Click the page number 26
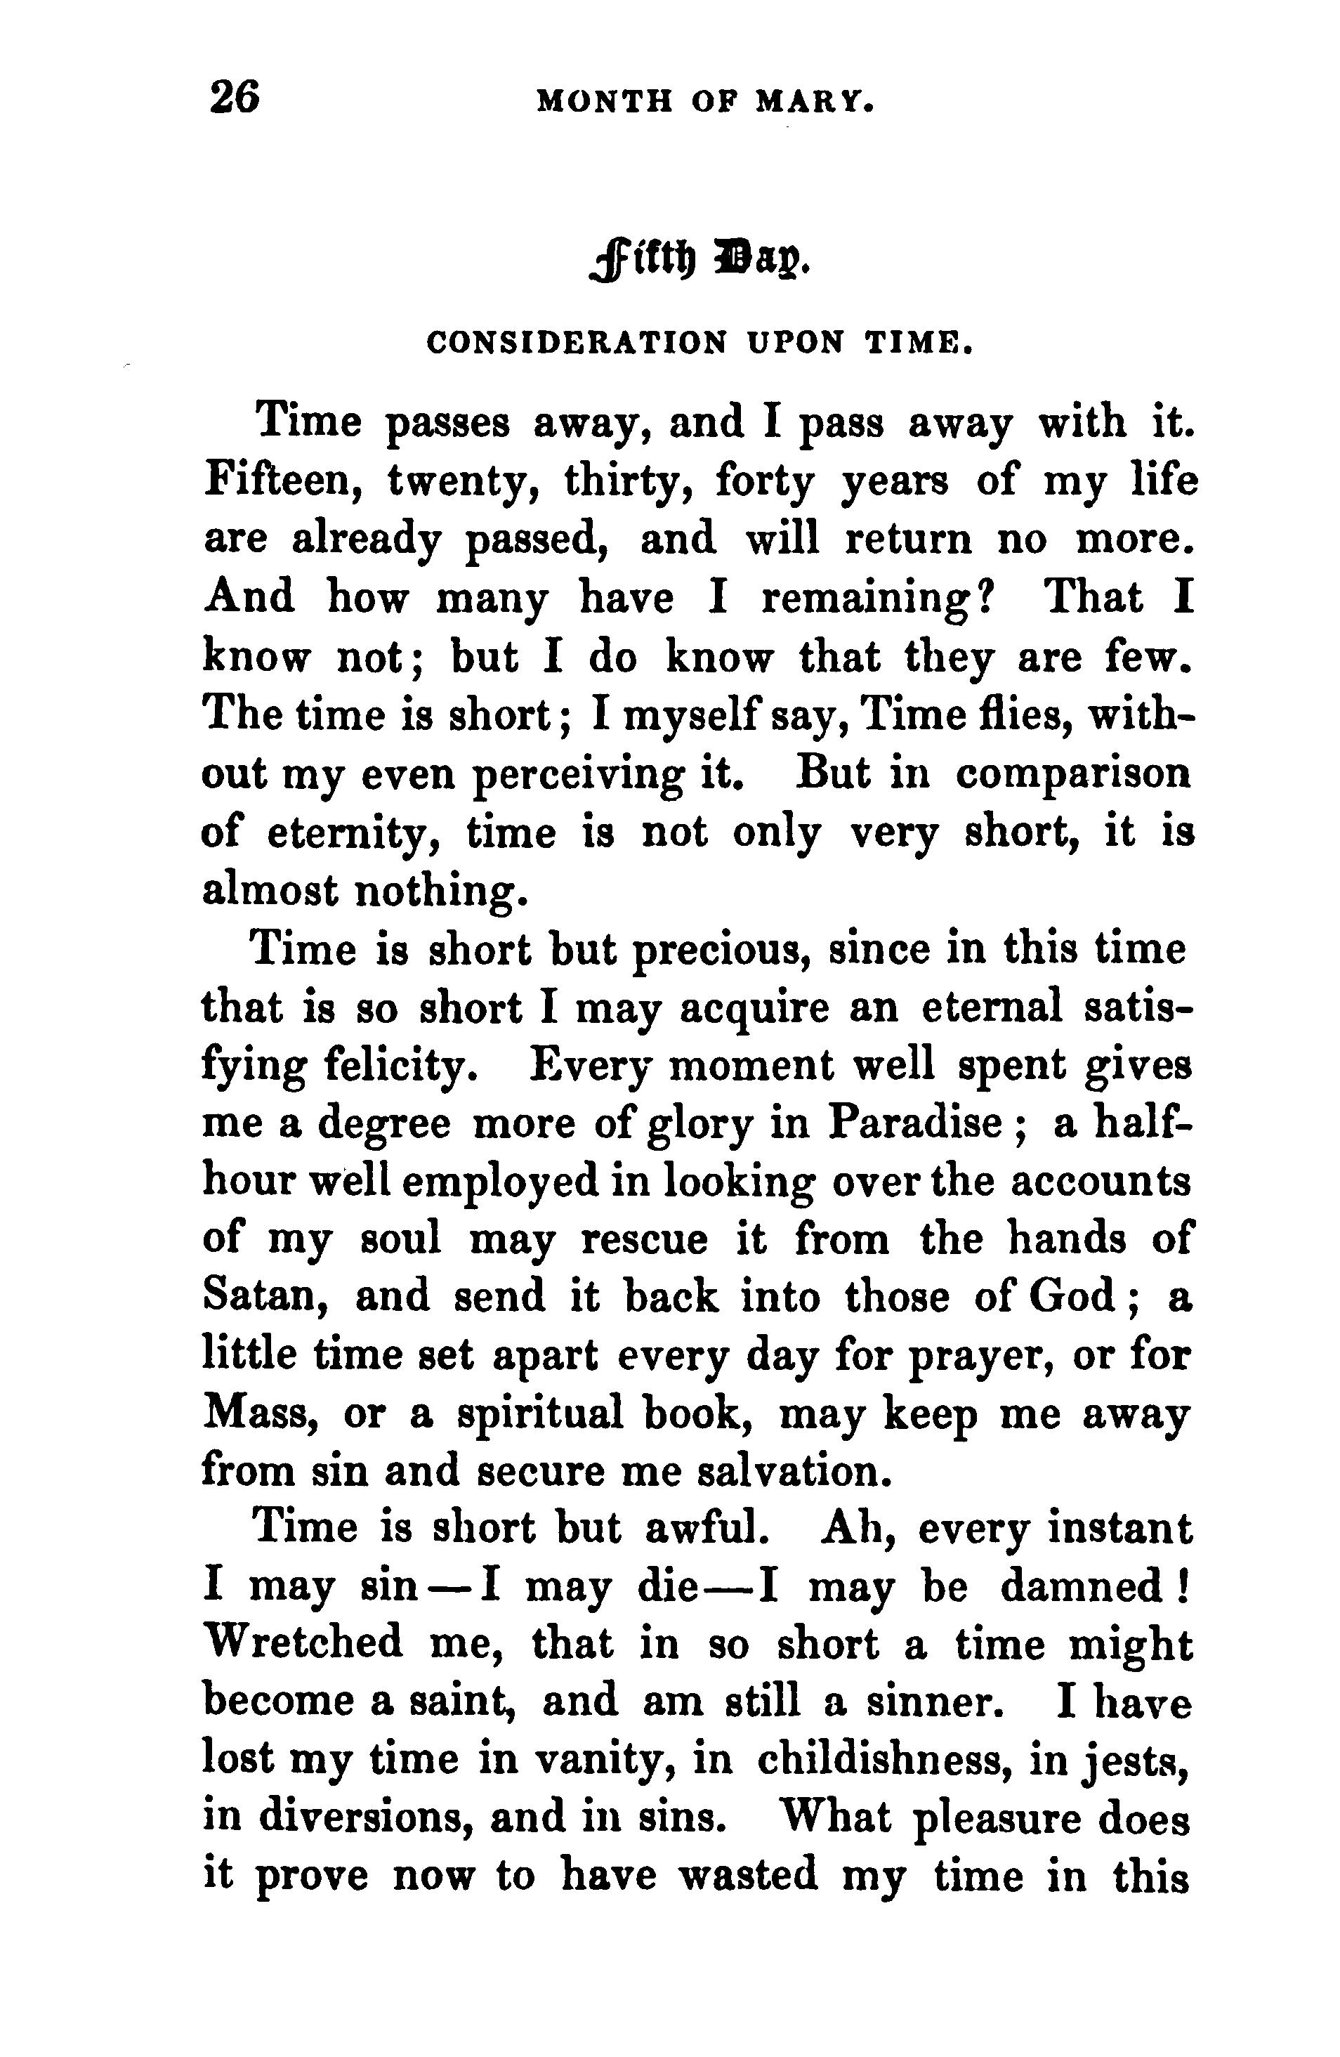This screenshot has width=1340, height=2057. tap(233, 97)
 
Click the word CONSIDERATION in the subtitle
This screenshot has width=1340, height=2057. tap(577, 344)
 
